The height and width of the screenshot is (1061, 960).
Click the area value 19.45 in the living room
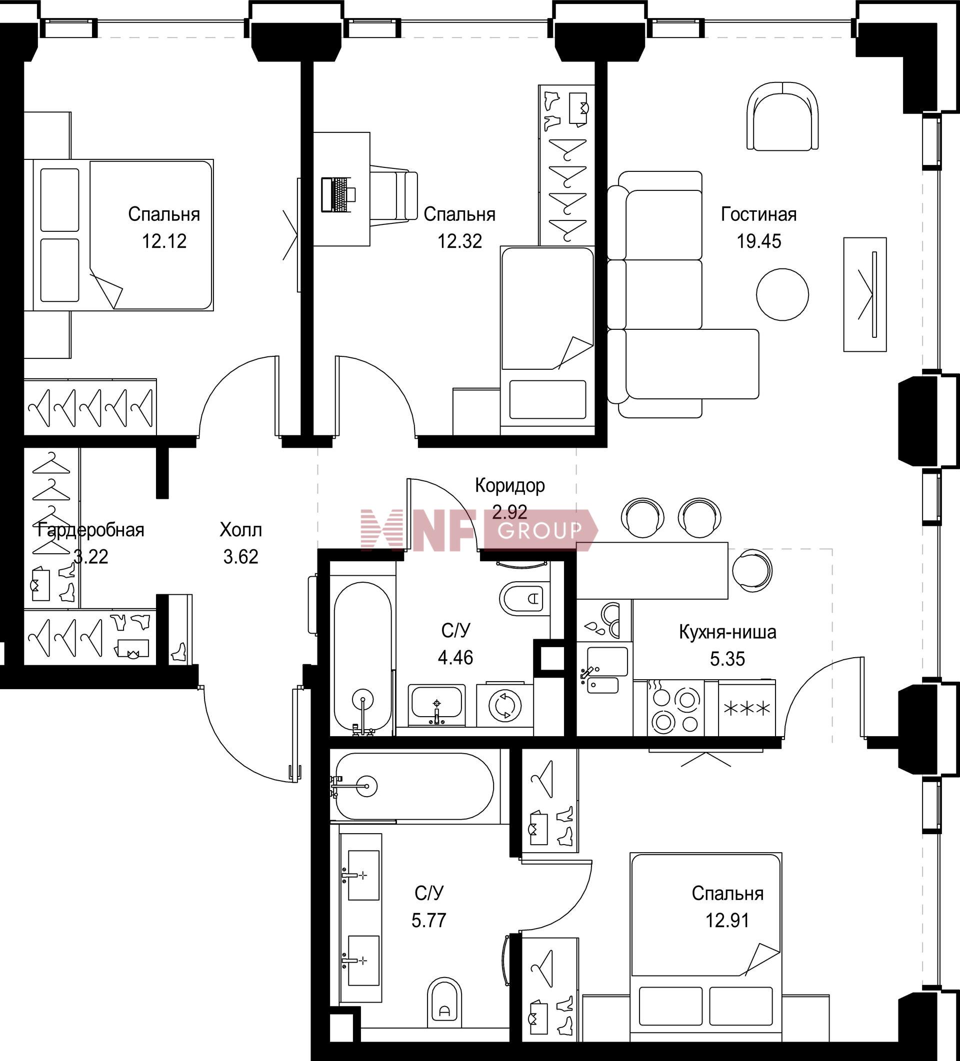tap(758, 241)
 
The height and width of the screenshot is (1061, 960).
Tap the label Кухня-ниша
tap(727, 632)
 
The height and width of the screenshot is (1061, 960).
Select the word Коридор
tap(510, 486)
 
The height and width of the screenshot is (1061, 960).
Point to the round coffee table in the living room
tap(782, 294)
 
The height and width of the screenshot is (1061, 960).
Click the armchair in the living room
tap(782, 116)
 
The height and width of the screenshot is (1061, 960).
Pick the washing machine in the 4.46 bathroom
tap(505, 705)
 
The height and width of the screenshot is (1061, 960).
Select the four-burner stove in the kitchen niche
tap(675, 708)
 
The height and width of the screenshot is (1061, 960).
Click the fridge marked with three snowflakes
tap(746, 708)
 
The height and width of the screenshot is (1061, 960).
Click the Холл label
tap(240, 530)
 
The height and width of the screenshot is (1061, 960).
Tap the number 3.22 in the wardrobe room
tap(90, 556)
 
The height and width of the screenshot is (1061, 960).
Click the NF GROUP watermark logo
tap(479, 529)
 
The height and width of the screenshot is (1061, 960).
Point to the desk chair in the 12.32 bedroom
tap(394, 195)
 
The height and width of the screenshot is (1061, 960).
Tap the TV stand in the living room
tap(864, 294)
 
